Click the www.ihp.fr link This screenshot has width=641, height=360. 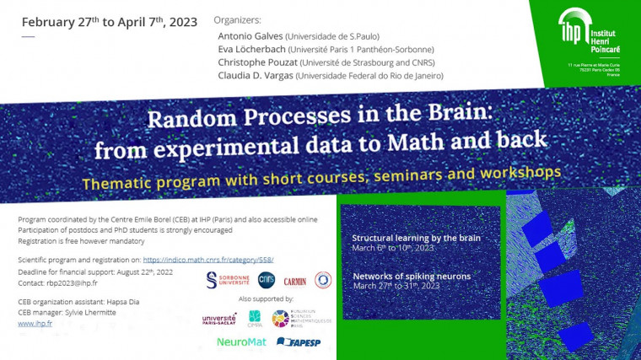31,323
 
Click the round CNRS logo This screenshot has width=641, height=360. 267,279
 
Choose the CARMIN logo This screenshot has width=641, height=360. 295,280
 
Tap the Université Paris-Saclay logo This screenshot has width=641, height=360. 219,319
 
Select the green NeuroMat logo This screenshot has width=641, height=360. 241,341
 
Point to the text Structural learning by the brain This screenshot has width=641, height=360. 416,238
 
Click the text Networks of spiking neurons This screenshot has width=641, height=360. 412,276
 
